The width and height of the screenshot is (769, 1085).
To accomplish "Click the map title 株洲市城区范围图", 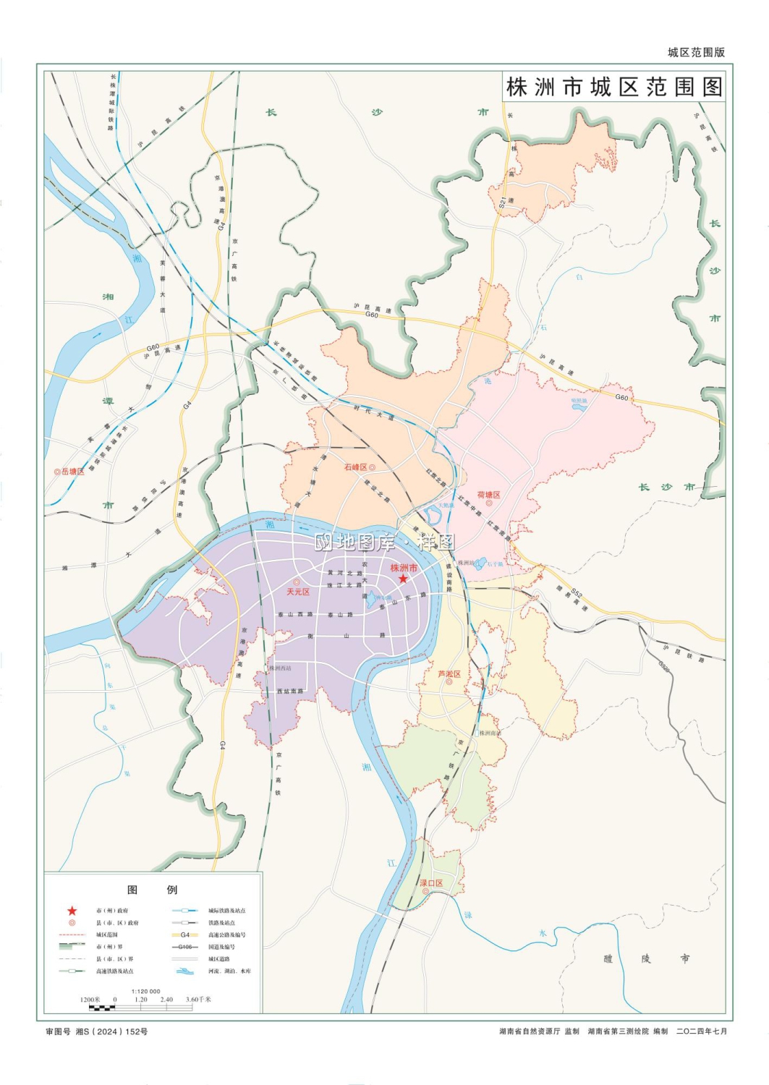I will pyautogui.click(x=613, y=88).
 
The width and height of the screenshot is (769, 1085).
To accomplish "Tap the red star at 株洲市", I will pyautogui.click(x=403, y=579).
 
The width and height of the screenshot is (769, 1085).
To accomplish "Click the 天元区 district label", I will pyautogui.click(x=298, y=592).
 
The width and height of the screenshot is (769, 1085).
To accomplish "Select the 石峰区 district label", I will pyautogui.click(x=355, y=467).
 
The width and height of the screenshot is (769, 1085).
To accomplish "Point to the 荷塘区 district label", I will pyautogui.click(x=488, y=495).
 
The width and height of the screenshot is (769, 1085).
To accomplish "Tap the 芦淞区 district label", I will pyautogui.click(x=449, y=674).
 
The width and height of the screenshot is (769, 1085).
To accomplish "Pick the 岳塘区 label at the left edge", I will pyautogui.click(x=72, y=471).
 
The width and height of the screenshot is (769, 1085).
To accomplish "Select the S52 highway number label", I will pyautogui.click(x=576, y=594).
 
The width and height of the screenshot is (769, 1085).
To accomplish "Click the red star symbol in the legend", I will pyautogui.click(x=72, y=911).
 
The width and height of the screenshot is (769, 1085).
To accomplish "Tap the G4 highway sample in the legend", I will pyautogui.click(x=185, y=935).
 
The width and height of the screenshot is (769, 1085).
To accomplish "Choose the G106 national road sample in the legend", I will pyautogui.click(x=185, y=947).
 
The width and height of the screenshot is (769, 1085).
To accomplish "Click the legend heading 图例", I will pyautogui.click(x=152, y=890).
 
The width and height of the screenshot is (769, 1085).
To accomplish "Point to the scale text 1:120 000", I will pyautogui.click(x=145, y=991).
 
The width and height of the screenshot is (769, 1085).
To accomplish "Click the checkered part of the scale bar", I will pyautogui.click(x=101, y=1007).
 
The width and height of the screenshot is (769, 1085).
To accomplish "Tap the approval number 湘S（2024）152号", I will pyautogui.click(x=111, y=1031).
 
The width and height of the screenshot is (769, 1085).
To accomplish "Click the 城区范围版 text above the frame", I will pyautogui.click(x=696, y=52).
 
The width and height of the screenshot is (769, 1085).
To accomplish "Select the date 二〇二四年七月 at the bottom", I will pyautogui.click(x=701, y=1031).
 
